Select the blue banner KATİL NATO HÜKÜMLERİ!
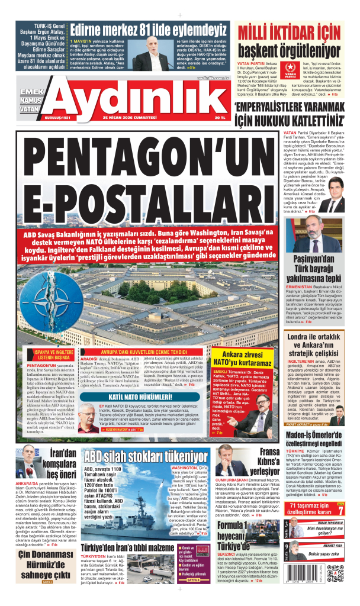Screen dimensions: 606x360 pos(131,396)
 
